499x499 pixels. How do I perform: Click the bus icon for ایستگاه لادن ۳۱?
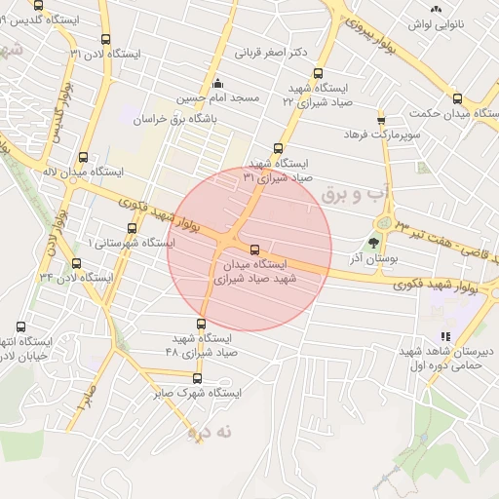105,40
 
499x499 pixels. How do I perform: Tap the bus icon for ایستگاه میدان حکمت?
457,98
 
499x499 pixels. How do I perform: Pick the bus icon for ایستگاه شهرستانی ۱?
132,229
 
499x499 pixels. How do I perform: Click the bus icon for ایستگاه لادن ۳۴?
76,263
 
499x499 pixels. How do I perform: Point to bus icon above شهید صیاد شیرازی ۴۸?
203,325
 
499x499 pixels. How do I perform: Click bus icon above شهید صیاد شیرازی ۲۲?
318,73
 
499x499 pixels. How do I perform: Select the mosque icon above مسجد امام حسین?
216,83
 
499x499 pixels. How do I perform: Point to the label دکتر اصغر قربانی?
272,52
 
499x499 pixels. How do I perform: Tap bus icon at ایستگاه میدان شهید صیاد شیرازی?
255,249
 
